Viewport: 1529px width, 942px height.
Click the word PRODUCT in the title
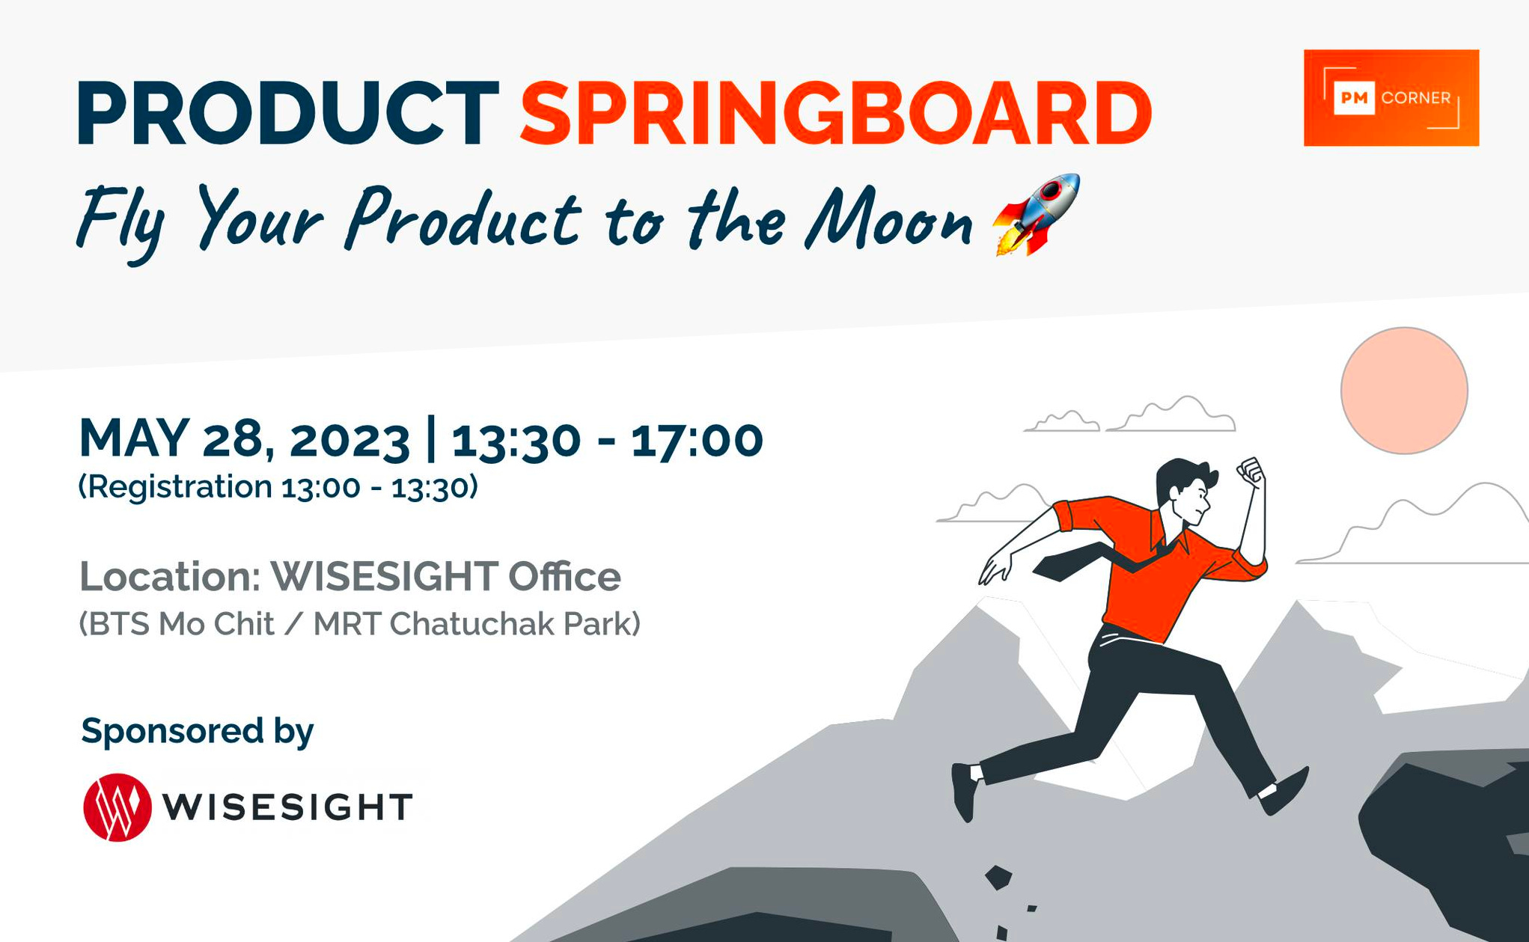coord(288,114)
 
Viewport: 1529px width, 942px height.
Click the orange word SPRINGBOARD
coord(835,114)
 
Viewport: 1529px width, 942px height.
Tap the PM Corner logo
coord(1391,98)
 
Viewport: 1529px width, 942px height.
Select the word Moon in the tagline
coord(889,219)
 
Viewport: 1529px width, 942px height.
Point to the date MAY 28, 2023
coord(244,438)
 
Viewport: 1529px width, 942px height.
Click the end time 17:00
coord(697,440)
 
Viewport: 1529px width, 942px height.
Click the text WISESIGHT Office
coord(445,576)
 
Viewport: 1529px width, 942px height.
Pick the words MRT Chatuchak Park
coord(476,624)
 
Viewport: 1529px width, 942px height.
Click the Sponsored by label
coord(197,730)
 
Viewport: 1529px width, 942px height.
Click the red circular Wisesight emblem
coord(117,807)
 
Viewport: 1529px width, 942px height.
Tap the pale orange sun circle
coord(1403,391)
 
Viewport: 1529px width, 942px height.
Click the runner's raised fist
coord(1251,473)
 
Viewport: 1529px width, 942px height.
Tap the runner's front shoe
coord(1286,792)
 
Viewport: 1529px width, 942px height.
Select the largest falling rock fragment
coord(998,877)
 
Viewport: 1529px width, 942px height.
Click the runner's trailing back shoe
coord(965,790)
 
